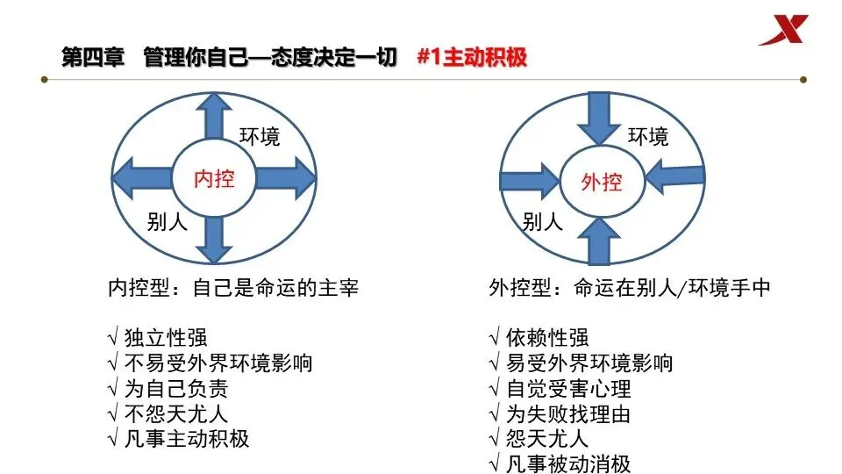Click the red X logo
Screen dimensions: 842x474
[788, 31]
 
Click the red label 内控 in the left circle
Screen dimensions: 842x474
[214, 179]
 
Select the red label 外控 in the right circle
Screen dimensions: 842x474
[602, 182]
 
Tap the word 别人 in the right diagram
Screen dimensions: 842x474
[542, 221]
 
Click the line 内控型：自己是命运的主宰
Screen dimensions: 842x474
[232, 288]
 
